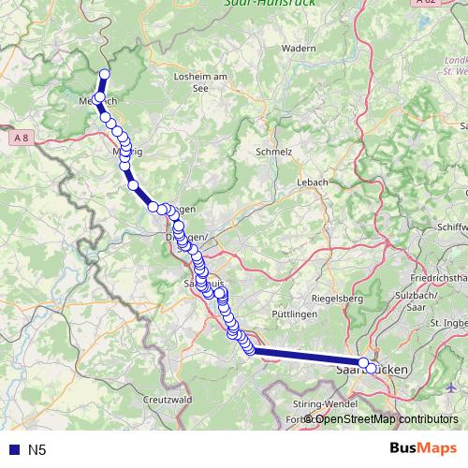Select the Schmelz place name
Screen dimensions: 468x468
tap(274, 150)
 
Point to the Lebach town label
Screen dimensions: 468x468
tap(312, 182)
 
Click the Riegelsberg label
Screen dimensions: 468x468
tap(337, 299)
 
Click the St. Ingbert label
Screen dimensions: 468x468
tap(447, 323)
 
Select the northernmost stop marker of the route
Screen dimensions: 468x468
tap(105, 75)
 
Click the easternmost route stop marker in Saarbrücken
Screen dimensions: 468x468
tap(372, 368)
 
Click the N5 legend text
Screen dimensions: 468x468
tap(37, 450)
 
